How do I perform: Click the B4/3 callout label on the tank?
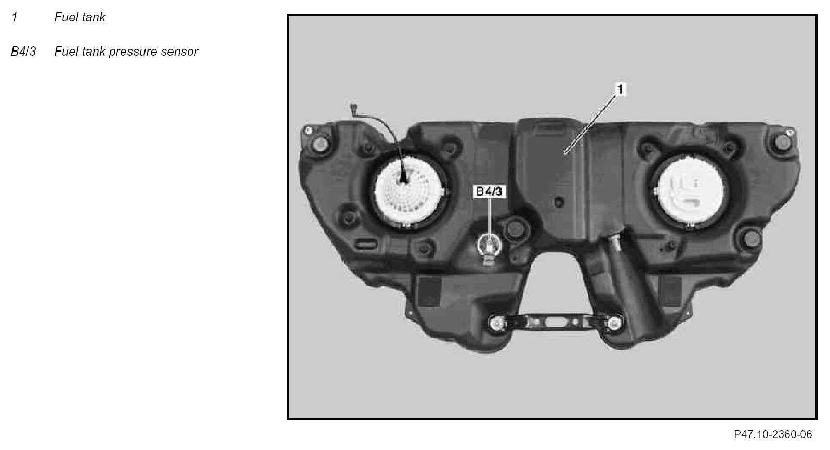click(x=489, y=191)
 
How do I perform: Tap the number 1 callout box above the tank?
click(x=620, y=89)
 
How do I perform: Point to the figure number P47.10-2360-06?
click(x=773, y=434)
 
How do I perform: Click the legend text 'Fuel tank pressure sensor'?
click(x=126, y=51)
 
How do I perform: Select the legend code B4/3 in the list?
click(x=23, y=51)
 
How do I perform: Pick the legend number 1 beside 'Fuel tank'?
click(x=15, y=17)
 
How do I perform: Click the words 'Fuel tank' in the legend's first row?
click(x=80, y=17)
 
